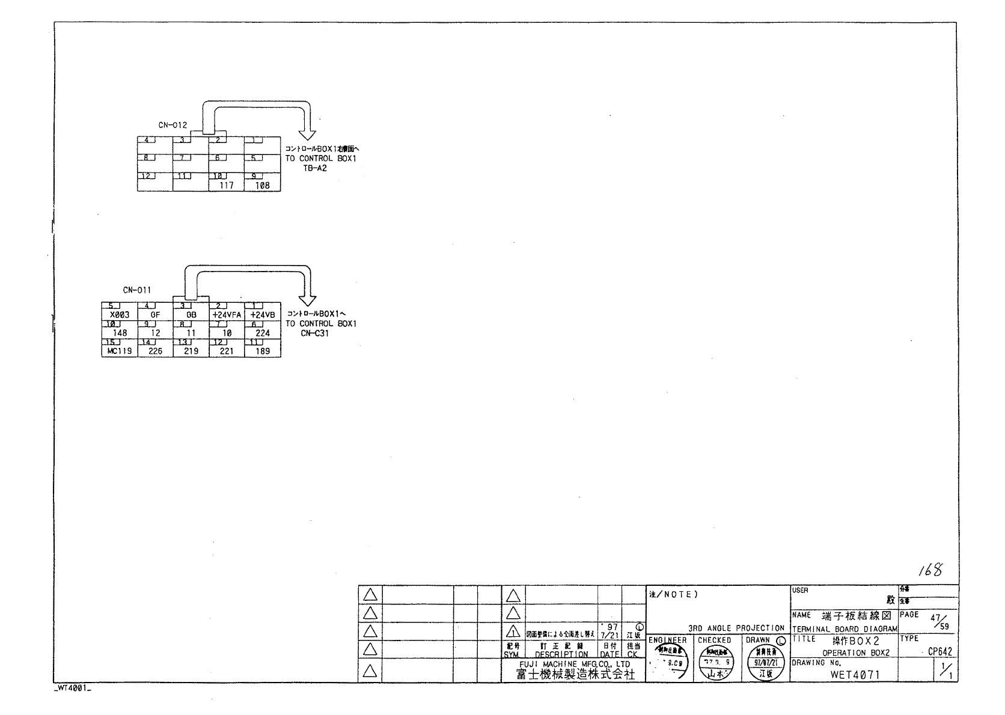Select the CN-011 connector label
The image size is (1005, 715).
pyautogui.click(x=137, y=290)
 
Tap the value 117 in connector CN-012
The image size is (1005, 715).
pyautogui.click(x=226, y=186)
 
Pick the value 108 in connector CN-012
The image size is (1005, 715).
pyautogui.click(x=263, y=186)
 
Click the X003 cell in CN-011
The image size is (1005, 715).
pyautogui.click(x=120, y=315)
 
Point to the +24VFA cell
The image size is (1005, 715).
pyautogui.click(x=227, y=315)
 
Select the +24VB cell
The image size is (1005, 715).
pyautogui.click(x=263, y=315)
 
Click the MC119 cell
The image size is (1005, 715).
pyautogui.click(x=120, y=351)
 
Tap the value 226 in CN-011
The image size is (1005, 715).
pyautogui.click(x=155, y=351)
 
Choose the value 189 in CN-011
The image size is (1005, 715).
pyautogui.click(x=263, y=351)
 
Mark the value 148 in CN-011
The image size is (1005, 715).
pyautogui.click(x=120, y=333)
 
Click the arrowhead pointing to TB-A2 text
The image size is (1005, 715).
pyautogui.click(x=308, y=133)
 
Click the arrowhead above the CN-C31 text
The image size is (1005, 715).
pyautogui.click(x=308, y=300)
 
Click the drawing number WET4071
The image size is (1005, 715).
pyautogui.click(x=855, y=674)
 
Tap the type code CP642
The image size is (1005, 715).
pyautogui.click(x=939, y=652)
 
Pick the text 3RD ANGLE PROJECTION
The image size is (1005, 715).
pyautogui.click(x=736, y=628)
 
